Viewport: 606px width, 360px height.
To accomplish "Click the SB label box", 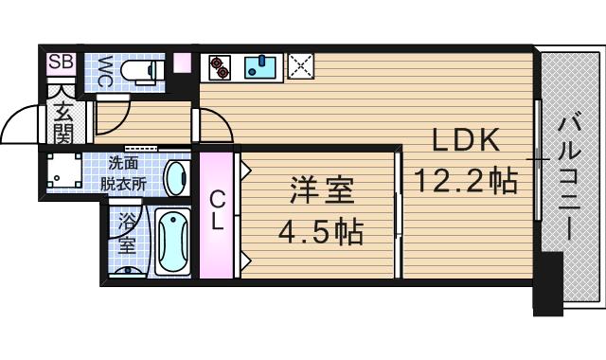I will coord(61,63).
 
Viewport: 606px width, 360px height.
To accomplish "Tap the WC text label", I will coord(105,71).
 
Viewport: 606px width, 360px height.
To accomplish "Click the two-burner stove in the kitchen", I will coord(221,66).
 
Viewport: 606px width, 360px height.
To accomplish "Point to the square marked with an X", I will coord(301,65).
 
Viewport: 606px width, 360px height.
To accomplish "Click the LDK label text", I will coord(465,139).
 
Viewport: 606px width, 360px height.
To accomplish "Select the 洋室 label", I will coord(322,191).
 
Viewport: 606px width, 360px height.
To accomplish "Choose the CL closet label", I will coord(217,211).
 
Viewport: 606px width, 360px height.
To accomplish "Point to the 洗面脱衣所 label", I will coord(125,173).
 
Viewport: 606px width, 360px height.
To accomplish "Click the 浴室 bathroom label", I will coord(127,232).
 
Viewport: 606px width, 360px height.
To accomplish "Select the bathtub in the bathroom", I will coord(172,243).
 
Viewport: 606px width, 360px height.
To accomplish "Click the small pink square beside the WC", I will coord(183,64).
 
